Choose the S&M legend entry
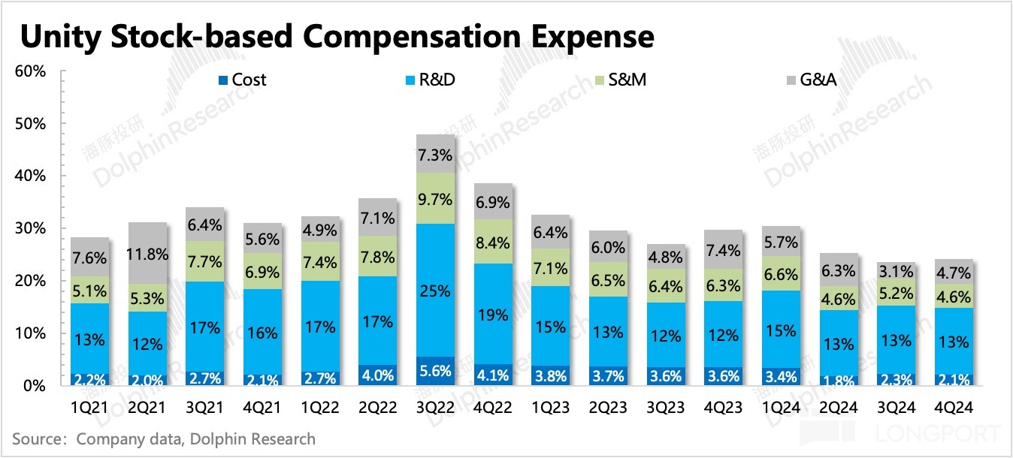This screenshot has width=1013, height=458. point(620,80)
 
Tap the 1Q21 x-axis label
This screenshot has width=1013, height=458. point(89,408)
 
